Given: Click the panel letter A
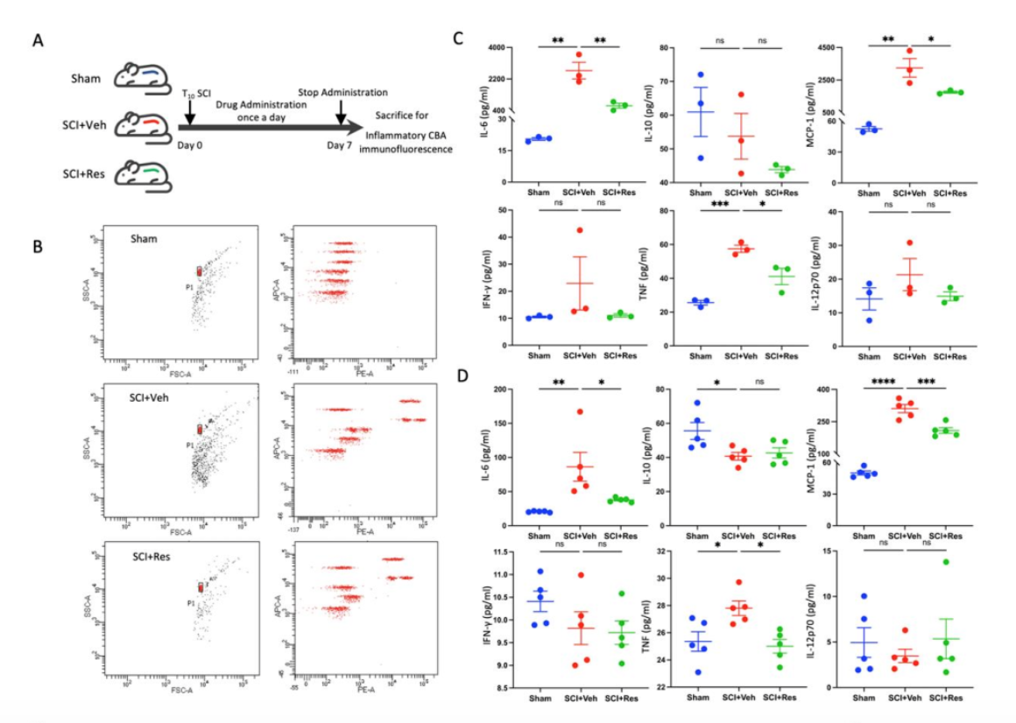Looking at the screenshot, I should click(38, 40).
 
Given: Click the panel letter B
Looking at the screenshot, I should click(38, 247).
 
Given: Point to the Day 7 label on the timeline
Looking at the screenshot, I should click(338, 146).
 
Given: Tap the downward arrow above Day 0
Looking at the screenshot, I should click(190, 113).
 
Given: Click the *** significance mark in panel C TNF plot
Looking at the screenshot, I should click(720, 205).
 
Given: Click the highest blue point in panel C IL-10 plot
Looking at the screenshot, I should click(701, 75).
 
